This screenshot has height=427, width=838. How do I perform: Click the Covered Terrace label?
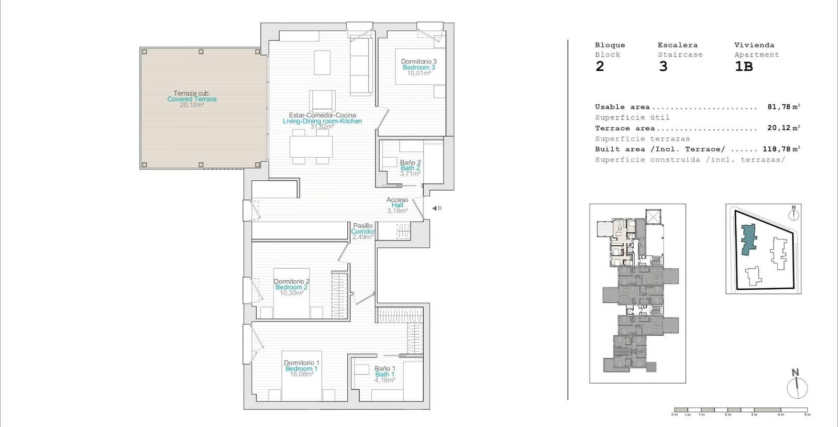[192, 99]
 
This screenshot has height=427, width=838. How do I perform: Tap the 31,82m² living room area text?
[322, 127]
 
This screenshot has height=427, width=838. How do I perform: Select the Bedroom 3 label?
[418, 68]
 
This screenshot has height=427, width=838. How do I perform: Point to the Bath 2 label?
[410, 168]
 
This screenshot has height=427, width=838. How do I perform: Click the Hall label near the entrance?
[397, 205]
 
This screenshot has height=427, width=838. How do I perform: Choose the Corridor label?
[362, 232]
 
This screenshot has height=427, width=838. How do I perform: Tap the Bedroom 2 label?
[291, 287]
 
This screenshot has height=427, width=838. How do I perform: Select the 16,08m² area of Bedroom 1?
[301, 374]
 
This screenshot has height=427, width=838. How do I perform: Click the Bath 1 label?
[384, 375]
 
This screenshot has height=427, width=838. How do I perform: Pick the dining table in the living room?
[312, 146]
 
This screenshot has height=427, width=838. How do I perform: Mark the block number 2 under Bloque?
[600, 67]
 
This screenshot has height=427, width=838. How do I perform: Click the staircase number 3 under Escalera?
[663, 67]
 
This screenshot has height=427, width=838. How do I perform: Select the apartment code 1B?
[744, 67]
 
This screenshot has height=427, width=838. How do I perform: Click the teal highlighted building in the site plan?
[749, 239]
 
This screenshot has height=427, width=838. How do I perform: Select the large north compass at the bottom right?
[797, 387]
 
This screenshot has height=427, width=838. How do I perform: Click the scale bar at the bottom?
[741, 410]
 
